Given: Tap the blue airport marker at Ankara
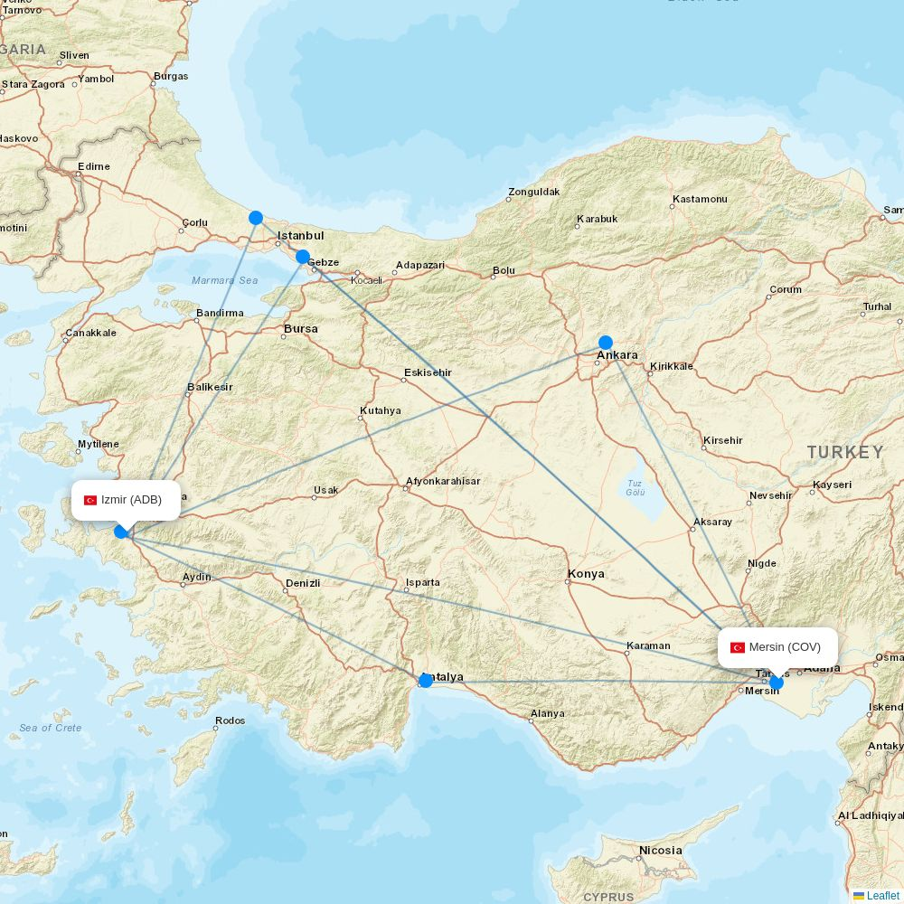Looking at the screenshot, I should point(606,343).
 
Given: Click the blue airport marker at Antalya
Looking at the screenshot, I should point(426,680).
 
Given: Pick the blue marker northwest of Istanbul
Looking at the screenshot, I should point(256,218).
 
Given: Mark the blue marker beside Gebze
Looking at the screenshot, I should point(303,257).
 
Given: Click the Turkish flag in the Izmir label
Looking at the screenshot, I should point(90,501).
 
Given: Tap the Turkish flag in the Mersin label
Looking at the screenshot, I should point(738,647).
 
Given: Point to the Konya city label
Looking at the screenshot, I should point(586,574).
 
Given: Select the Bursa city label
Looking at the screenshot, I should point(301,329).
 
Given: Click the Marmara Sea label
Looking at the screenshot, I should point(224,280).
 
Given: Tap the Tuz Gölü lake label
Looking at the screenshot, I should point(636,487).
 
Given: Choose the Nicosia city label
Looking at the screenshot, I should point(660,851).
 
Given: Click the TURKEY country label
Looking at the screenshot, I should point(845,452).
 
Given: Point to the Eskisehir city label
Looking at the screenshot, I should point(428,372).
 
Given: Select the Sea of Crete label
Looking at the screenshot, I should point(51,728).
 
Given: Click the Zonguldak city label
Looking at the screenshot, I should point(533,192).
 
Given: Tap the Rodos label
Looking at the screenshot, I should point(231,721).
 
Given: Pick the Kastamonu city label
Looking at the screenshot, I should point(700,199).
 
